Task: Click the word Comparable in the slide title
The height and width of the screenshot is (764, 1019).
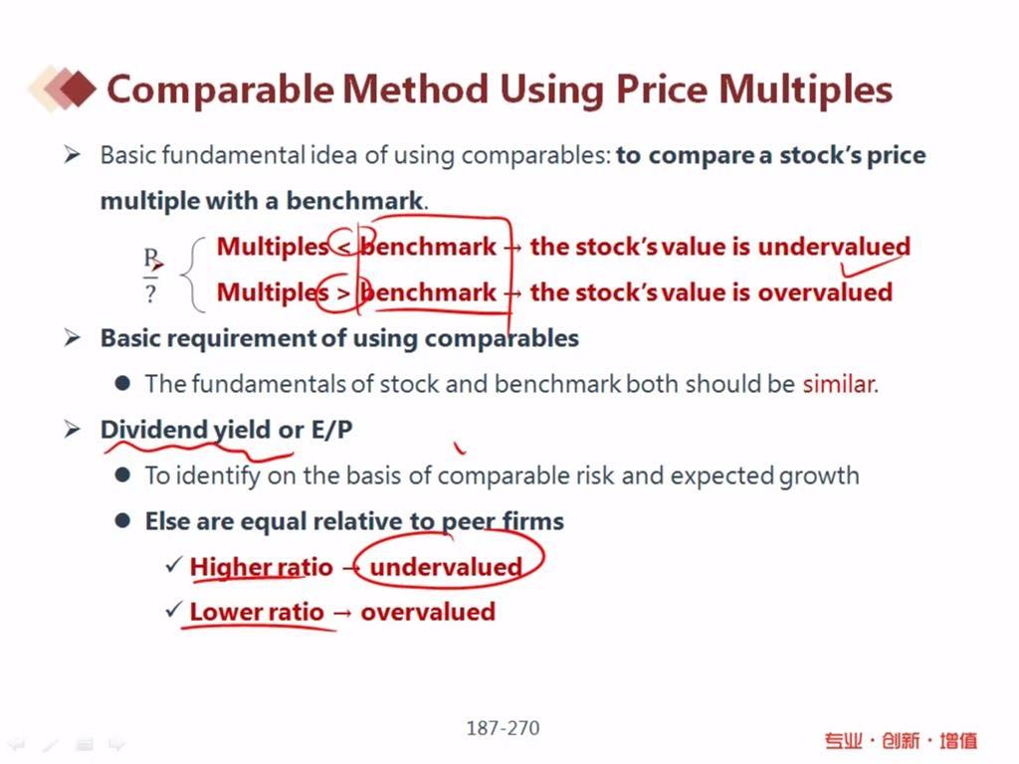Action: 220,90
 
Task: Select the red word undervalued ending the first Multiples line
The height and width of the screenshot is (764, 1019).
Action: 834,247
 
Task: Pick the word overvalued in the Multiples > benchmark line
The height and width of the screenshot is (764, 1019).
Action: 825,292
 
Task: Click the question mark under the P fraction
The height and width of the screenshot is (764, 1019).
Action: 151,293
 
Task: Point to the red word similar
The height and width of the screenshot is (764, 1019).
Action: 838,384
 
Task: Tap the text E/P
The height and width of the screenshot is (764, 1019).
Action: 331,430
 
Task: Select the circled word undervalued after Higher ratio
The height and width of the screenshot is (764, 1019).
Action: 446,567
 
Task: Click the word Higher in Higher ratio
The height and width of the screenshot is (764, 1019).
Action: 226,568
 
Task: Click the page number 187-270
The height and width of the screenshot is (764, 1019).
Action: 503,728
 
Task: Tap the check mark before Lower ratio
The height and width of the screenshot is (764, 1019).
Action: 173,610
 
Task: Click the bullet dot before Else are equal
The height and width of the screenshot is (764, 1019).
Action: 122,520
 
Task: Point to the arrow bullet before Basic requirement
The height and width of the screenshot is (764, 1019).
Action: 72,338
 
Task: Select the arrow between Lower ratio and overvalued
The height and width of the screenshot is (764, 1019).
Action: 342,613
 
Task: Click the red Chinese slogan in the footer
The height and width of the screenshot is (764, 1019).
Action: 901,740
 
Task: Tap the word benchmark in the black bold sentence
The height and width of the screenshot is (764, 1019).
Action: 354,201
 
